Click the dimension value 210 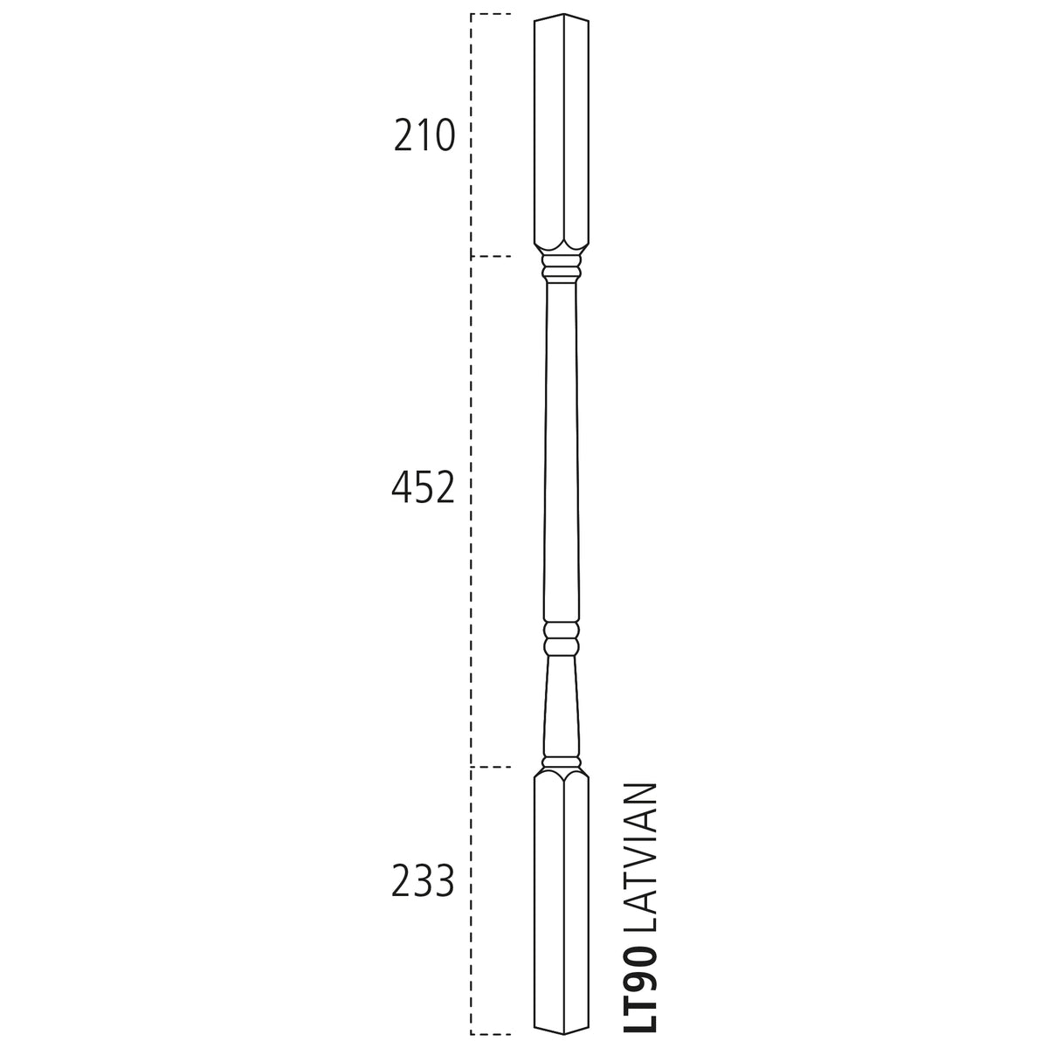tap(424, 135)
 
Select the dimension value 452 tap(423, 487)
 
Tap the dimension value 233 tap(423, 881)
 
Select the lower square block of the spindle tap(562, 908)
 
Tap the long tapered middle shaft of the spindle tap(562, 452)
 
